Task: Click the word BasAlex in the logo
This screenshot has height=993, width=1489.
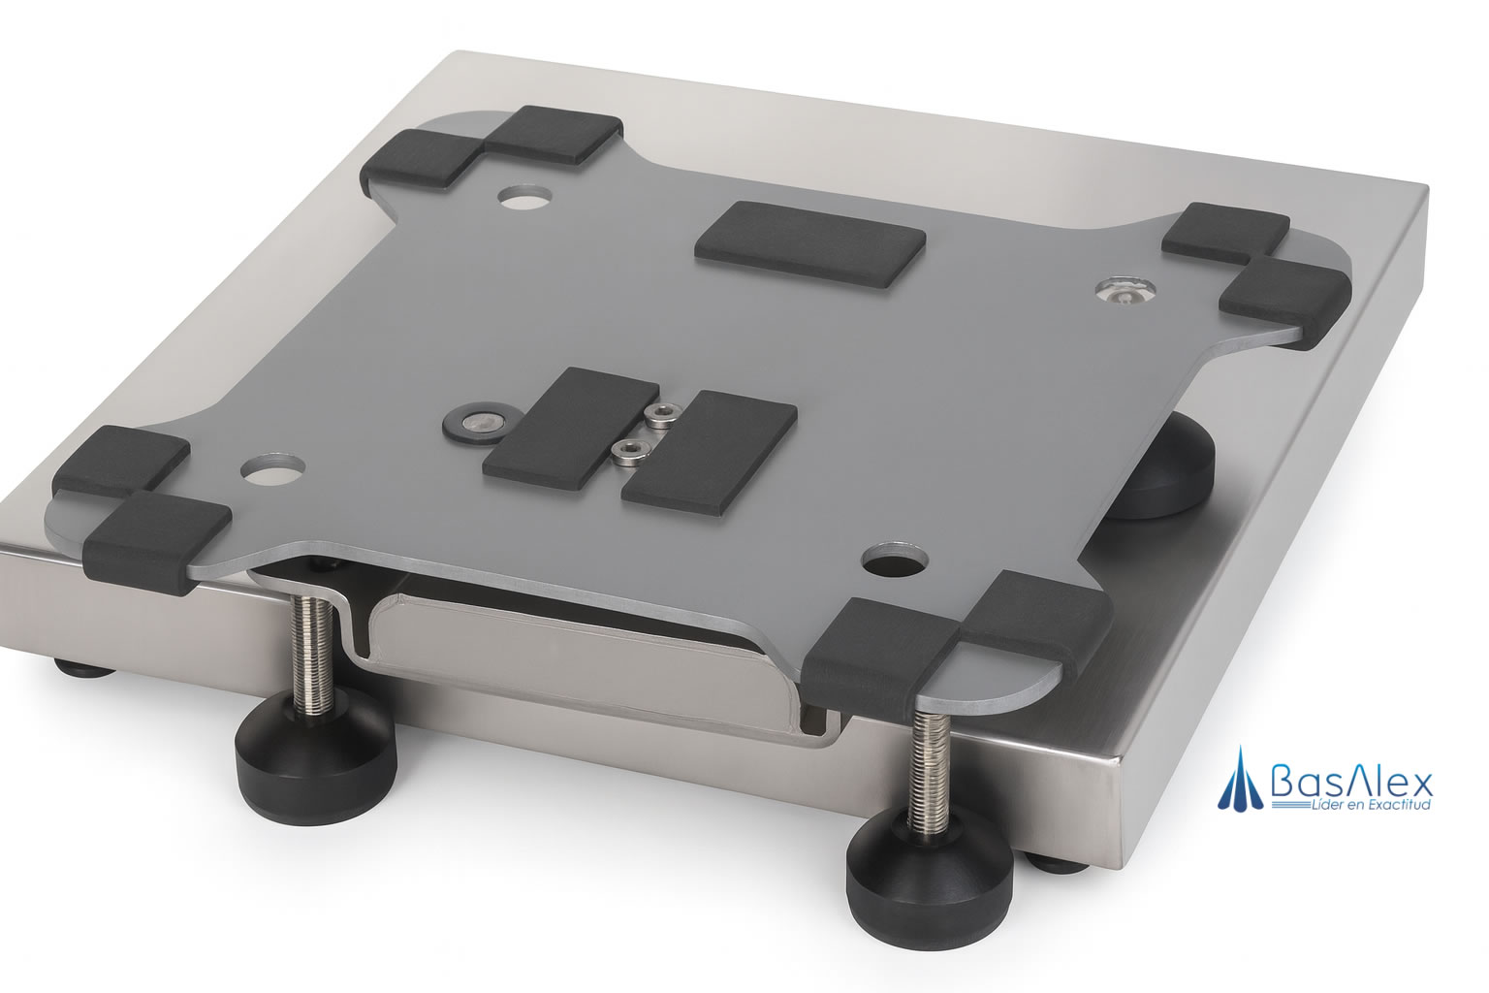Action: tap(1351, 784)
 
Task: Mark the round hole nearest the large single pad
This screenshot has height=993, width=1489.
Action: tap(525, 198)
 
